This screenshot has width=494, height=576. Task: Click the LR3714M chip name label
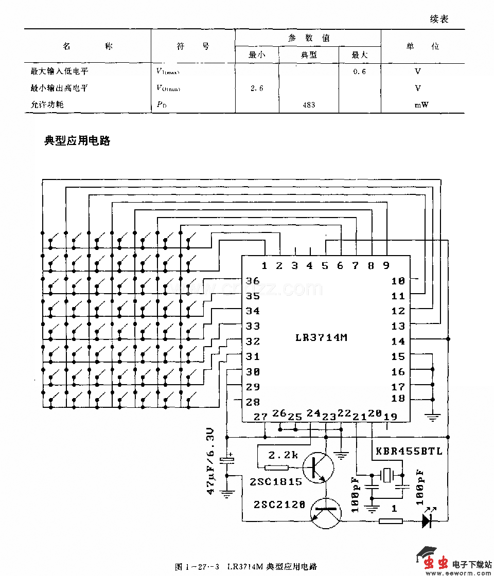pos(322,338)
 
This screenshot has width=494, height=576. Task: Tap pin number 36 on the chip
pos(253,281)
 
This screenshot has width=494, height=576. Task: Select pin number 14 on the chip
pos(398,341)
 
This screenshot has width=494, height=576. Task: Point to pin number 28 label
pos(253,402)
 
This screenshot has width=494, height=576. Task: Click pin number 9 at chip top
pos(386,265)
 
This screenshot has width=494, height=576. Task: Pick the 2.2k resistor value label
pos(283,455)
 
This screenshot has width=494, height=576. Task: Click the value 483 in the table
pos(309,105)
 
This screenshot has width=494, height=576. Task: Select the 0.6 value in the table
pos(360,71)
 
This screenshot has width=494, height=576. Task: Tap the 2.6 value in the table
pos(257,88)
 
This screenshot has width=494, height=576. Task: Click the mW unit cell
pos(421,105)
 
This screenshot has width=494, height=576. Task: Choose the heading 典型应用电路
pos(77,141)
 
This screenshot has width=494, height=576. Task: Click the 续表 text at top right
pos(439,19)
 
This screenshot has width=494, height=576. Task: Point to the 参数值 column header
pos(308,38)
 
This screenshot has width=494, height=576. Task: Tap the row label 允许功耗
pos(47,105)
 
